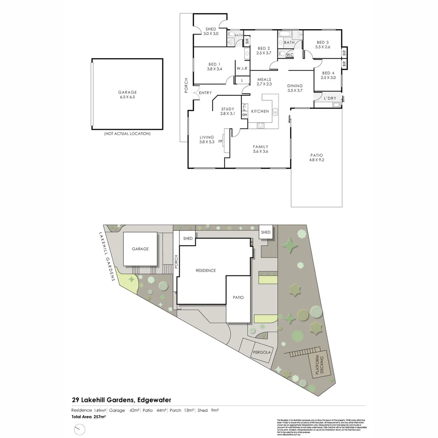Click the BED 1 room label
click(214, 64)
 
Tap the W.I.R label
click(242, 68)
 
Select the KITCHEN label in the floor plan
click(260, 111)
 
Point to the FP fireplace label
click(220, 142)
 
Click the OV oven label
click(245, 115)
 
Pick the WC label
click(290, 55)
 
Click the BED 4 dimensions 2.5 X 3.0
click(328, 77)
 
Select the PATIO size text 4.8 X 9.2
click(317, 160)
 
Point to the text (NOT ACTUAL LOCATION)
click(127, 133)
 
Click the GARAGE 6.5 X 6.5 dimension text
click(127, 97)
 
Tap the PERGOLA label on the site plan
click(262, 352)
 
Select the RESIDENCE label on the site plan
click(206, 271)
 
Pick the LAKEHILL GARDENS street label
click(107, 257)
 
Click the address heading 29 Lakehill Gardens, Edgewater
click(121, 400)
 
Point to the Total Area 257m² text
click(88, 417)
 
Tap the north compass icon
click(80, 429)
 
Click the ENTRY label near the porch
click(205, 93)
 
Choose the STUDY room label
click(228, 109)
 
